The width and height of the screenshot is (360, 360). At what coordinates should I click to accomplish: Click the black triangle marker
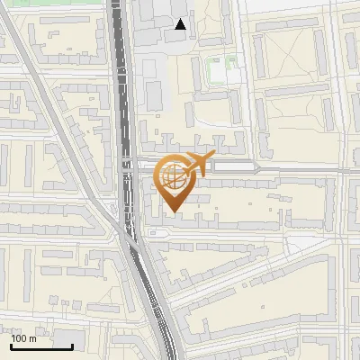click(x=181, y=24)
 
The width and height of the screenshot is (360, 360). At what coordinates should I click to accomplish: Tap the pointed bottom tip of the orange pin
click(x=174, y=212)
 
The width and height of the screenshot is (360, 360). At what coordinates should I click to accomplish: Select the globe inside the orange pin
click(x=174, y=176)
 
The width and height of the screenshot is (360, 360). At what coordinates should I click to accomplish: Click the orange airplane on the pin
click(x=196, y=163)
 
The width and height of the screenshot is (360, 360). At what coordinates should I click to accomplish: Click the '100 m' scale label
click(x=23, y=338)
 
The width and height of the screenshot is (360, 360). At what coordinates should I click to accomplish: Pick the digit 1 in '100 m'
click(x=14, y=338)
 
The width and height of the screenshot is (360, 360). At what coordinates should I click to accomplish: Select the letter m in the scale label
click(x=32, y=339)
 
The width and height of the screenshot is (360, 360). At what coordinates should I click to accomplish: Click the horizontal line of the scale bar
click(x=41, y=346)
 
